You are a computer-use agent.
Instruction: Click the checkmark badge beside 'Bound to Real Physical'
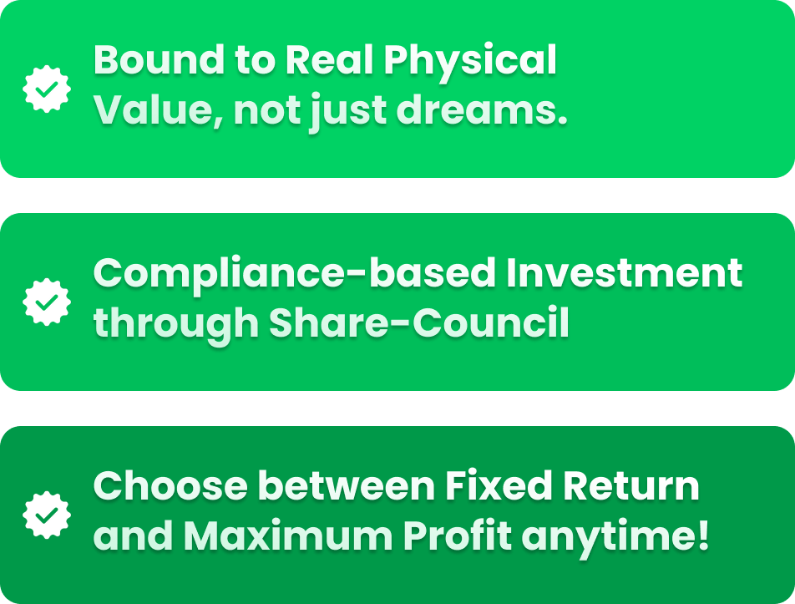[47, 89]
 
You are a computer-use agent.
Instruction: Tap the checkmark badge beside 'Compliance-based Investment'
[47, 302]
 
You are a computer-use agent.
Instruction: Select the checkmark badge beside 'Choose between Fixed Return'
[47, 515]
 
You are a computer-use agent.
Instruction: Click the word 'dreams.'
[481, 109]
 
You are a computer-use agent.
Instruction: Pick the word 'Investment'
[624, 273]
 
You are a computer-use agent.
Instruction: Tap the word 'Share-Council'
[419, 322]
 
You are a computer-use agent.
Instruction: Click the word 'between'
[347, 486]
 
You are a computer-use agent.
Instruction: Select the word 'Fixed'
[499, 486]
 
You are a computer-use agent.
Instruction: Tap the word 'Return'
[630, 486]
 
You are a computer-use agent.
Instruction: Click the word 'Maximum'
[288, 535]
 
